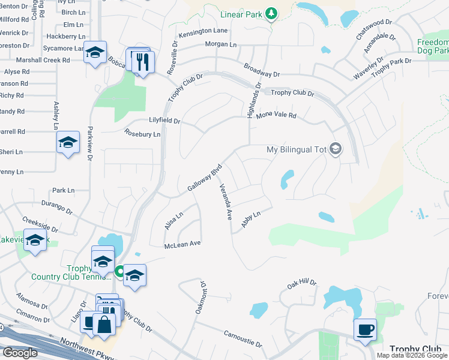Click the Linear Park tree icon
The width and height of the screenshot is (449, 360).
point(271,13)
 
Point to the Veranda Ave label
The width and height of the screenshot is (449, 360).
point(225,202)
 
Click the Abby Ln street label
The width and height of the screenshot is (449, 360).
point(251,218)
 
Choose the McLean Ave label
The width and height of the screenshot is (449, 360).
point(182,244)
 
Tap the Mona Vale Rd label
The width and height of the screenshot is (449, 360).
point(277,115)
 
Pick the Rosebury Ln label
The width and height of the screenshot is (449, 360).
point(142,134)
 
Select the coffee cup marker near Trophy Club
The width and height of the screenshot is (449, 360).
point(365,329)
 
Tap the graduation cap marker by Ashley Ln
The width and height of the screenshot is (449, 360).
point(68,143)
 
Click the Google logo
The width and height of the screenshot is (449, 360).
point(20,353)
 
